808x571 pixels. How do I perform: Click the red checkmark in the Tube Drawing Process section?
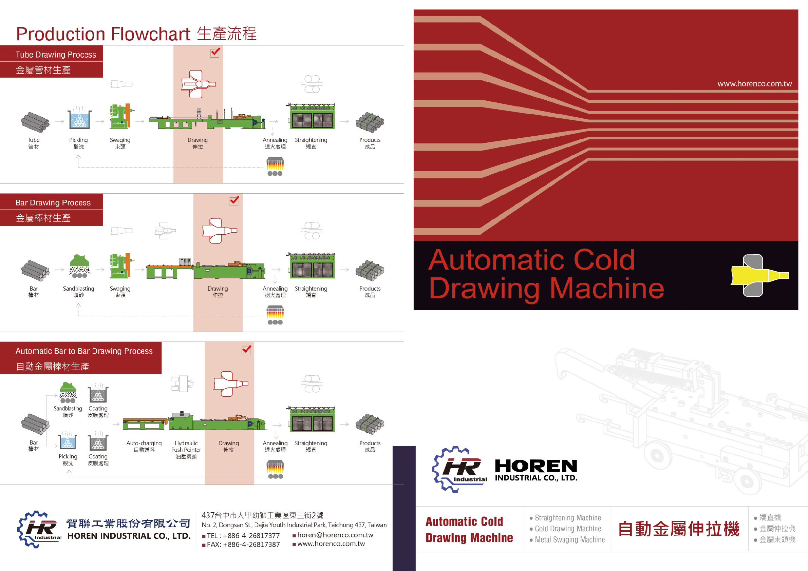coord(215,53)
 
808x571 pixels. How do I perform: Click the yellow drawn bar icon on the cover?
coord(759,276)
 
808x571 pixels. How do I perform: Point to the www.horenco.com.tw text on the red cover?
coord(754,84)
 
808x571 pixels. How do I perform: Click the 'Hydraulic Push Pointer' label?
coord(186,446)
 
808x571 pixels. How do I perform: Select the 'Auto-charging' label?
coord(144,443)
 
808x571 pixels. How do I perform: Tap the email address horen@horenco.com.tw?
coord(335,535)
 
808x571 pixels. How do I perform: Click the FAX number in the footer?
coord(243,544)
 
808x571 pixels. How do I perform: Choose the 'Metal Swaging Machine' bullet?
coord(569,539)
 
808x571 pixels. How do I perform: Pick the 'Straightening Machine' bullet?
coord(568,517)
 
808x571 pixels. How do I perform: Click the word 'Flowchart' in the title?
coord(151,34)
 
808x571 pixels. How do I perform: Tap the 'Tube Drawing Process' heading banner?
coord(56,55)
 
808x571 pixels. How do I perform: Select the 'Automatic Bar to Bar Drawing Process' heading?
coord(84,351)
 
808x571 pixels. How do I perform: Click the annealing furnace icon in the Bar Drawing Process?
coord(275,315)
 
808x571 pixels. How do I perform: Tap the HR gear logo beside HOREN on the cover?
coord(459,469)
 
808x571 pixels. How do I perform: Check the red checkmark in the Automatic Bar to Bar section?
coord(246,350)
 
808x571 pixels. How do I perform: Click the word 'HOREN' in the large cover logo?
coord(535,466)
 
